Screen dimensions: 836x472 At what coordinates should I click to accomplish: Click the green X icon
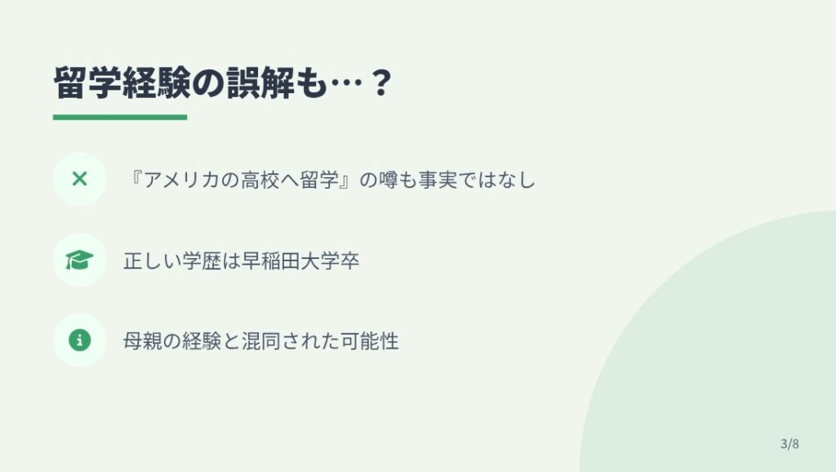[79, 179]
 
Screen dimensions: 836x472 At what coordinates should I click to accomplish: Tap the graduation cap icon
[79, 260]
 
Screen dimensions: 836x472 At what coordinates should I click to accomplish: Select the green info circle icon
[79, 340]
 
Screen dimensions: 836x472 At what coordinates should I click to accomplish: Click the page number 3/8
[789, 443]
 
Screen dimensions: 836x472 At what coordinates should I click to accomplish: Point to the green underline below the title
[120, 118]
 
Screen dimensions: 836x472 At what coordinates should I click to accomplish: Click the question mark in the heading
[380, 82]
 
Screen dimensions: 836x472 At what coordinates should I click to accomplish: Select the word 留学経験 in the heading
[122, 82]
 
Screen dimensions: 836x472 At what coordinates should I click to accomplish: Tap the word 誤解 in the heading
[260, 82]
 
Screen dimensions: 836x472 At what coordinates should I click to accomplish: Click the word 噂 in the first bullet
[388, 180]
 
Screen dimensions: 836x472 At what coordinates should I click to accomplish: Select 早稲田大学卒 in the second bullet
[300, 260]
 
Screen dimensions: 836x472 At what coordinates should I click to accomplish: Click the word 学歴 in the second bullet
[202, 260]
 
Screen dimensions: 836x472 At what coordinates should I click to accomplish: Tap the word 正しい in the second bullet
[152, 260]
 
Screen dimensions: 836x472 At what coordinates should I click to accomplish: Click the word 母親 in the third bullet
[142, 341]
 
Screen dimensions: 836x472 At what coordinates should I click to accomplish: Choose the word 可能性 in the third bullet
[370, 341]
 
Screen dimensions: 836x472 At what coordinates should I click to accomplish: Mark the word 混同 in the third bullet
[260, 341]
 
